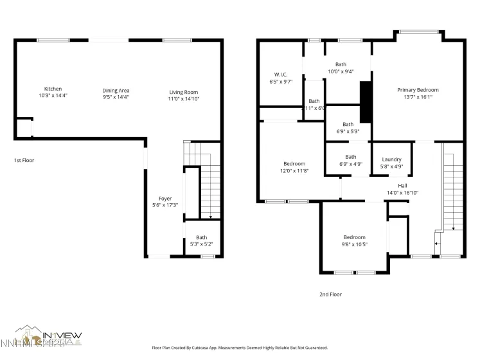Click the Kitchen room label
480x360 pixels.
53,89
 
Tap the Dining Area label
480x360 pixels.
116,91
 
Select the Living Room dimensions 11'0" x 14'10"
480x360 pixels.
183,98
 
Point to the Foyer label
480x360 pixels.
165,199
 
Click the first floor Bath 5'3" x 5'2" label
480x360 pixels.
202,240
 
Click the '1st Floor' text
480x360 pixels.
24,160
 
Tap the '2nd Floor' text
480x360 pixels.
330,294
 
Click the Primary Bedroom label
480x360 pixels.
418,90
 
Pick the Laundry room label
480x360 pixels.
391,159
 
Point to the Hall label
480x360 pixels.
402,185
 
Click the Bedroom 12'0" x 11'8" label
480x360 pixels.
294,164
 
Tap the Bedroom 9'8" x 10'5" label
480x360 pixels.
354,237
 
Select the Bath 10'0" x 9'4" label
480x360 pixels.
341,64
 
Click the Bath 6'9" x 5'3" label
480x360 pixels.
348,125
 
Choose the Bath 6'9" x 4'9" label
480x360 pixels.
351,157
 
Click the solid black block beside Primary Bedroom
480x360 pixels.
366,102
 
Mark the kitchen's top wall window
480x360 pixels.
53,40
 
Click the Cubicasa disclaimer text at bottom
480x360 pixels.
240,348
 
